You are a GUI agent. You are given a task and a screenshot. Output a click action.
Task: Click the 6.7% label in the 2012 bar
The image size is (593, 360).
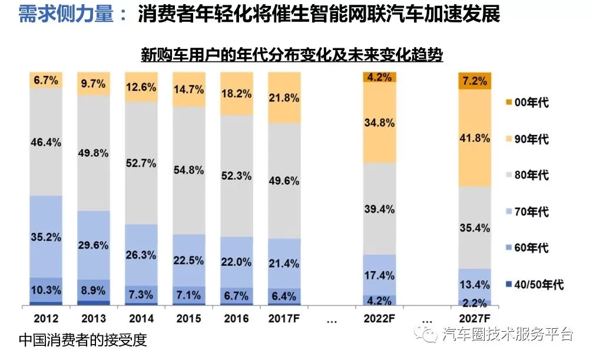pos(46,81)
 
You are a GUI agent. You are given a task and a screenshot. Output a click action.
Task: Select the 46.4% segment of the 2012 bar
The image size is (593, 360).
pos(46,142)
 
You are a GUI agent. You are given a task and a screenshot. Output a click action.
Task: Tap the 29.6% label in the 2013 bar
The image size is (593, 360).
pos(94,245)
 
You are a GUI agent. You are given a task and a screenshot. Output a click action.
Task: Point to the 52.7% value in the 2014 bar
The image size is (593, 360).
pos(141,163)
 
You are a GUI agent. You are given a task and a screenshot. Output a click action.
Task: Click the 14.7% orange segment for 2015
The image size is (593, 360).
pos(188,90)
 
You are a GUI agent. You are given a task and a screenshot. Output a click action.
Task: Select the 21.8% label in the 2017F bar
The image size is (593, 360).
pos(284,98)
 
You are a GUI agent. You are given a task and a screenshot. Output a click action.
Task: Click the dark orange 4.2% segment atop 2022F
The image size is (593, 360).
pos(379,77)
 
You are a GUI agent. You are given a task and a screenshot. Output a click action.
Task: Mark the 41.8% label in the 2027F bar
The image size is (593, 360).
pos(475,138)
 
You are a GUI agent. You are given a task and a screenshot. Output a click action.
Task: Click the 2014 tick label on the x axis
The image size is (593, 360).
pos(141,319)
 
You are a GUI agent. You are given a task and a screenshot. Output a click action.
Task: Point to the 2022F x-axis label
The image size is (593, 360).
pos(379,319)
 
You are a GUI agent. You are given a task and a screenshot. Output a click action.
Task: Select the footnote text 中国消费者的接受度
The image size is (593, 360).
pos(82,340)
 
